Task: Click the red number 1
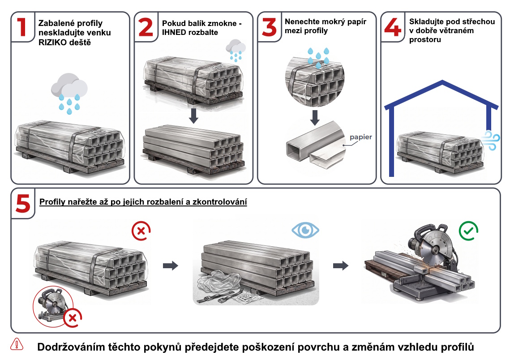(x=22, y=27)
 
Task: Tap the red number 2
(x=146, y=27)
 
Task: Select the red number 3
(x=269, y=27)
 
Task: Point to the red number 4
(x=393, y=27)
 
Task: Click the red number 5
(x=23, y=204)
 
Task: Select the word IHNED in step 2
(x=173, y=33)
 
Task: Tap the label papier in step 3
(x=361, y=137)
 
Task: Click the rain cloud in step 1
(x=69, y=93)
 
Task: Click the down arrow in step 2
(x=193, y=116)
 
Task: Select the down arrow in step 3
(x=314, y=118)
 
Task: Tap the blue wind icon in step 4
(x=490, y=140)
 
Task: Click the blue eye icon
(x=305, y=230)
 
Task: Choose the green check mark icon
(x=468, y=231)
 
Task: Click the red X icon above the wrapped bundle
(x=141, y=231)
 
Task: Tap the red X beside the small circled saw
(x=73, y=318)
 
